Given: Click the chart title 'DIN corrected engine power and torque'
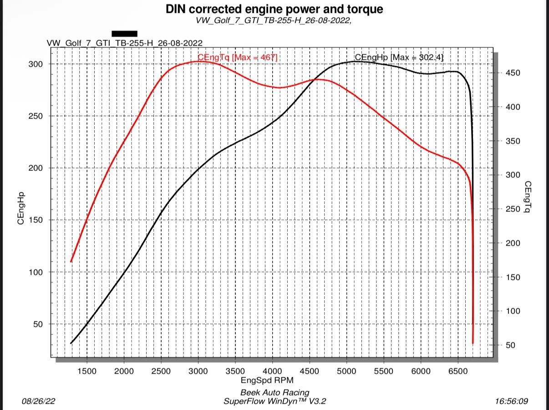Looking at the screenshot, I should pos(274,9).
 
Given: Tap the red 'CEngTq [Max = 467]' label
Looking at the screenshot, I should pos(237,57).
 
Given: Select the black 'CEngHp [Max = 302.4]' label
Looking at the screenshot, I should pos(399,57).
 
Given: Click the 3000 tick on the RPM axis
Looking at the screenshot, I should pos(198,371).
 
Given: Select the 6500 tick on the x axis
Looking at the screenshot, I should pos(457,371).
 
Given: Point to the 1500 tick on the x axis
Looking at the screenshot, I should pos(86,371).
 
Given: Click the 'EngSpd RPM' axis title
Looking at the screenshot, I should pos(267,380).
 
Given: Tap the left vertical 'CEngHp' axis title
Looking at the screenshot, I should pos(21,208).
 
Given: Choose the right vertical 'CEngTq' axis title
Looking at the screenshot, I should pos(528,197).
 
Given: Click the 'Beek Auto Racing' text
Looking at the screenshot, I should pos(274,392).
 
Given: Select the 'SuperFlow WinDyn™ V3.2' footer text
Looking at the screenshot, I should pos(274,401).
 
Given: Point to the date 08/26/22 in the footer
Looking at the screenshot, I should pos(39,401).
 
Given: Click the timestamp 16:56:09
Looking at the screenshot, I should pos(512,401).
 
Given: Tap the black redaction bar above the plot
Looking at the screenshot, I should pos(124,34).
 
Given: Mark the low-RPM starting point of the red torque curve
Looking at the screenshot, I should pos(71,261).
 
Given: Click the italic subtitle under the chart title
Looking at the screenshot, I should pos(274,20).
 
